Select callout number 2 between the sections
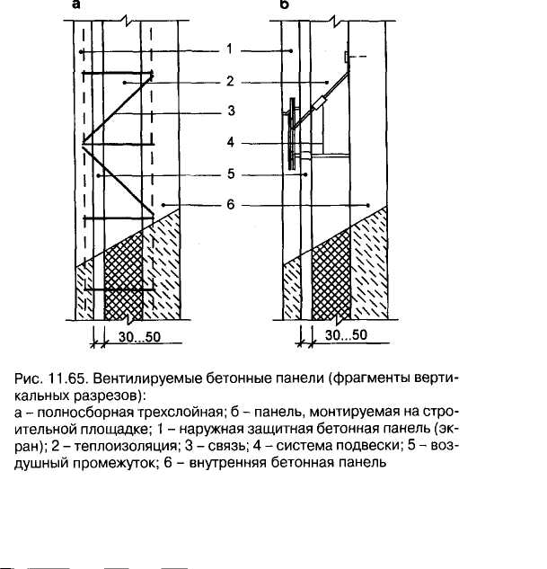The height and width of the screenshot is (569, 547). pyautogui.click(x=230, y=82)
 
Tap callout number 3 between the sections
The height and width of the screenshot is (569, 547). pyautogui.click(x=230, y=111)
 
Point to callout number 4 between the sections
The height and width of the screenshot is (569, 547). pyautogui.click(x=230, y=141)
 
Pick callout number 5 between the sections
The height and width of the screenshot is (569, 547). pyautogui.click(x=230, y=175)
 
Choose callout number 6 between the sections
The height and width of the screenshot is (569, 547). pyautogui.click(x=230, y=206)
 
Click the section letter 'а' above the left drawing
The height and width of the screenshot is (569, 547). pyautogui.click(x=77, y=5)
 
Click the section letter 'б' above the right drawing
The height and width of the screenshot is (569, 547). pyautogui.click(x=284, y=5)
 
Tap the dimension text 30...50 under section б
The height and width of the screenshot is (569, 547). pyautogui.click(x=346, y=335)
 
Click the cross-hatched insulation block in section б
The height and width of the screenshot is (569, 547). pyautogui.click(x=327, y=279)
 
